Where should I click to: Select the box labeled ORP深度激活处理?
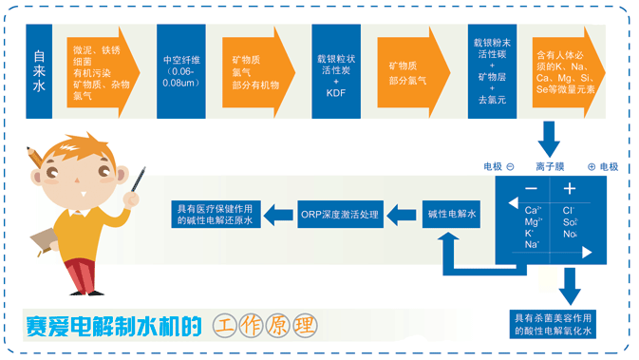click(x=339, y=215)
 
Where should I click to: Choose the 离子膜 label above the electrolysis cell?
click(x=551, y=167)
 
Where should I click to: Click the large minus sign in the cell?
click(x=531, y=189)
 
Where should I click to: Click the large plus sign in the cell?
click(x=571, y=189)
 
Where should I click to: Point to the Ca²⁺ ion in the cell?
click(x=533, y=210)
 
